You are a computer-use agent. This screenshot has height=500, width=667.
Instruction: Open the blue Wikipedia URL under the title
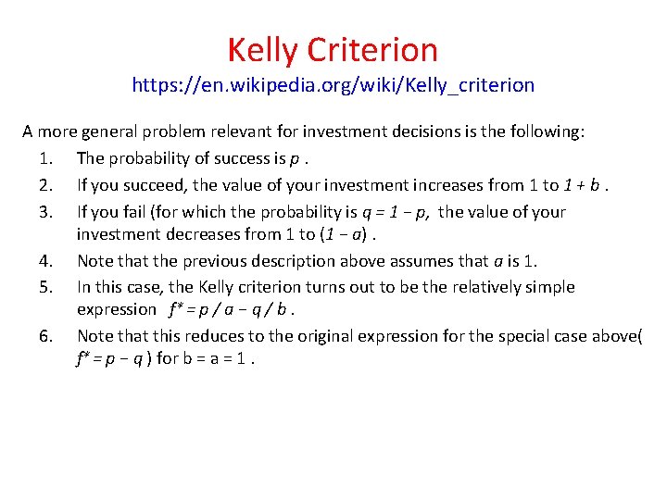pos(333,85)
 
